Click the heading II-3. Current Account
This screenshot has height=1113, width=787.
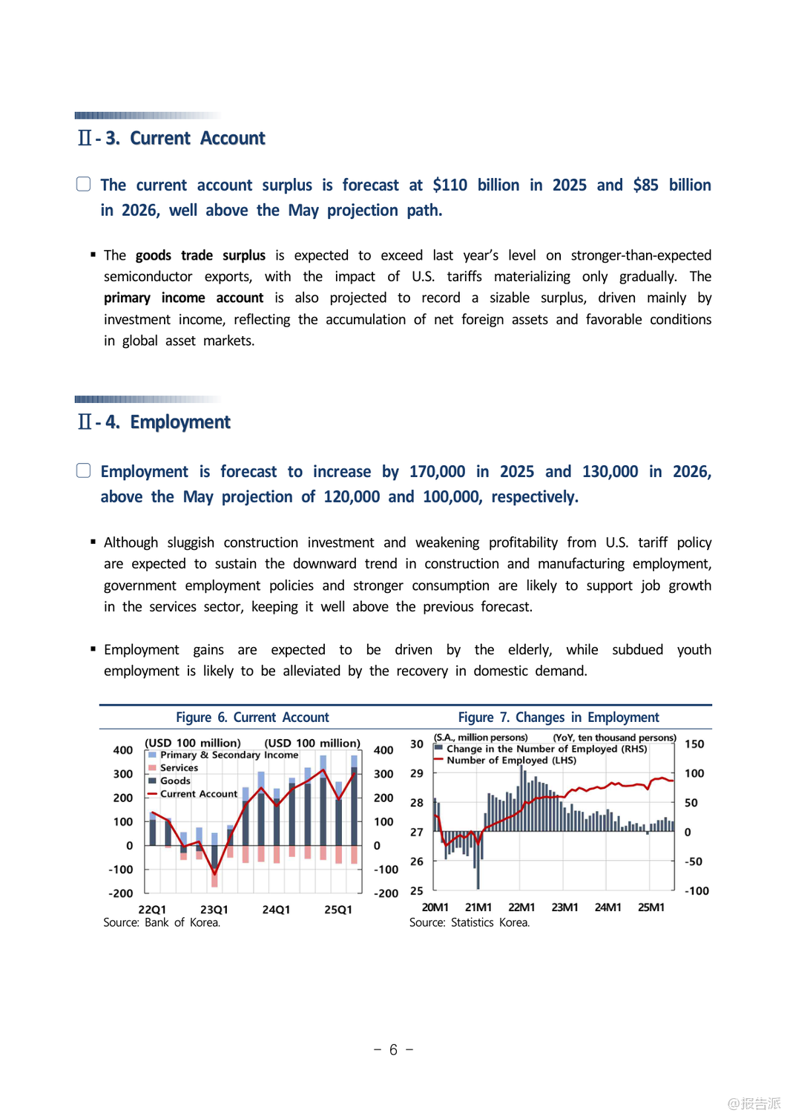coord(171,139)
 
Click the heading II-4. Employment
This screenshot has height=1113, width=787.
coord(154,422)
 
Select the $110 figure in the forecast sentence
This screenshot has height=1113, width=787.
coord(450,185)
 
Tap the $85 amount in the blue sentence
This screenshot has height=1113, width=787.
coord(645,185)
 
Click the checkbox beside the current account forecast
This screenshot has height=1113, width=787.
coord(84,184)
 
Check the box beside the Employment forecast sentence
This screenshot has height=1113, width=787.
coord(84,470)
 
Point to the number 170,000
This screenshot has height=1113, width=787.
coord(437,472)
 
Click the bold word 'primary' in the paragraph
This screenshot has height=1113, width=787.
coord(127,298)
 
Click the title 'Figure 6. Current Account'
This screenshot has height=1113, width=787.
coord(252,718)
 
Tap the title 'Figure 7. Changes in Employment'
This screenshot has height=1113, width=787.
coord(558,718)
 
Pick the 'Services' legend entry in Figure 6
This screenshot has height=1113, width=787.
coord(179,768)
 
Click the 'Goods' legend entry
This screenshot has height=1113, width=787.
coord(175,781)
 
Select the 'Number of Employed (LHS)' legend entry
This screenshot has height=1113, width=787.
coord(511,761)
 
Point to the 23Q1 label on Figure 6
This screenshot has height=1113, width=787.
coord(214,910)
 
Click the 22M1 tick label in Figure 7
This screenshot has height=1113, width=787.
coord(521,907)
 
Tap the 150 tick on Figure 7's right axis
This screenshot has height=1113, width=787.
coord(694,744)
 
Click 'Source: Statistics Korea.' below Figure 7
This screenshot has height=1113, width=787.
coord(470,923)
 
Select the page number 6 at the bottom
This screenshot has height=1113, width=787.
coord(393,1050)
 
